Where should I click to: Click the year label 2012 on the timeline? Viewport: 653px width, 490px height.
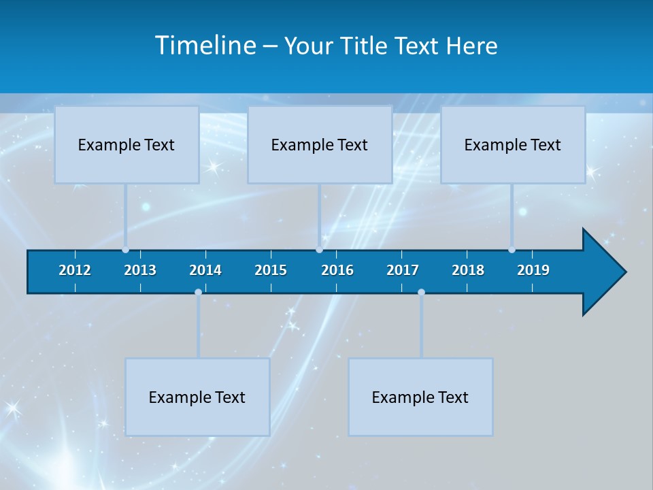(x=75, y=270)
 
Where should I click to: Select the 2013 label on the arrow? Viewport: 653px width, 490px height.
(x=140, y=270)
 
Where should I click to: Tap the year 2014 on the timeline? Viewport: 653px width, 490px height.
(x=205, y=270)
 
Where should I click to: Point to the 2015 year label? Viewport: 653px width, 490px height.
(x=271, y=270)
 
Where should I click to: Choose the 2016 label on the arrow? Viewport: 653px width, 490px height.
(x=337, y=270)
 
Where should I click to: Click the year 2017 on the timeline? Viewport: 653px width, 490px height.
(x=403, y=270)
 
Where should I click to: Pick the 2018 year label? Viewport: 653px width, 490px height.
(x=468, y=270)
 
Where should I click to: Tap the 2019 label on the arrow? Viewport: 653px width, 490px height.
(x=533, y=270)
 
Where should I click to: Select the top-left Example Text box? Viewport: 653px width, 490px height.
(x=127, y=145)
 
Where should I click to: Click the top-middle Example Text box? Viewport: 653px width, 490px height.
(x=320, y=145)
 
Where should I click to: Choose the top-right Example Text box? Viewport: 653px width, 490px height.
(x=513, y=145)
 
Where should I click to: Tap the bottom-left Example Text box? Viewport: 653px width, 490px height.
(x=197, y=397)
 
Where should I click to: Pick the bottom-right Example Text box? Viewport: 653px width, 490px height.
(x=420, y=397)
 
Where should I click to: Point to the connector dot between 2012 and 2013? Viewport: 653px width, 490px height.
(x=125, y=250)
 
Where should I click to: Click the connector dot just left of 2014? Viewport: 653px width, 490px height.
(x=198, y=292)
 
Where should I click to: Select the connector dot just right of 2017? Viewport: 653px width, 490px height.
(x=421, y=292)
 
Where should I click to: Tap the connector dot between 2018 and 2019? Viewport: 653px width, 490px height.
(x=512, y=250)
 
